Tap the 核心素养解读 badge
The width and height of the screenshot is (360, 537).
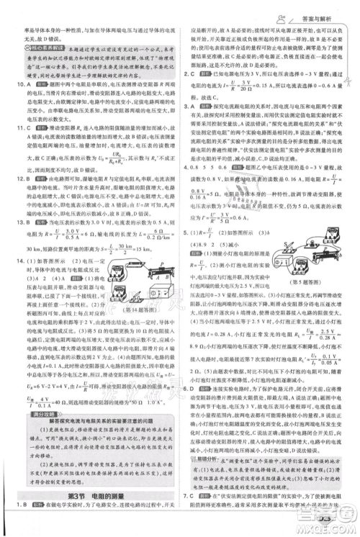click(x=42, y=50)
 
